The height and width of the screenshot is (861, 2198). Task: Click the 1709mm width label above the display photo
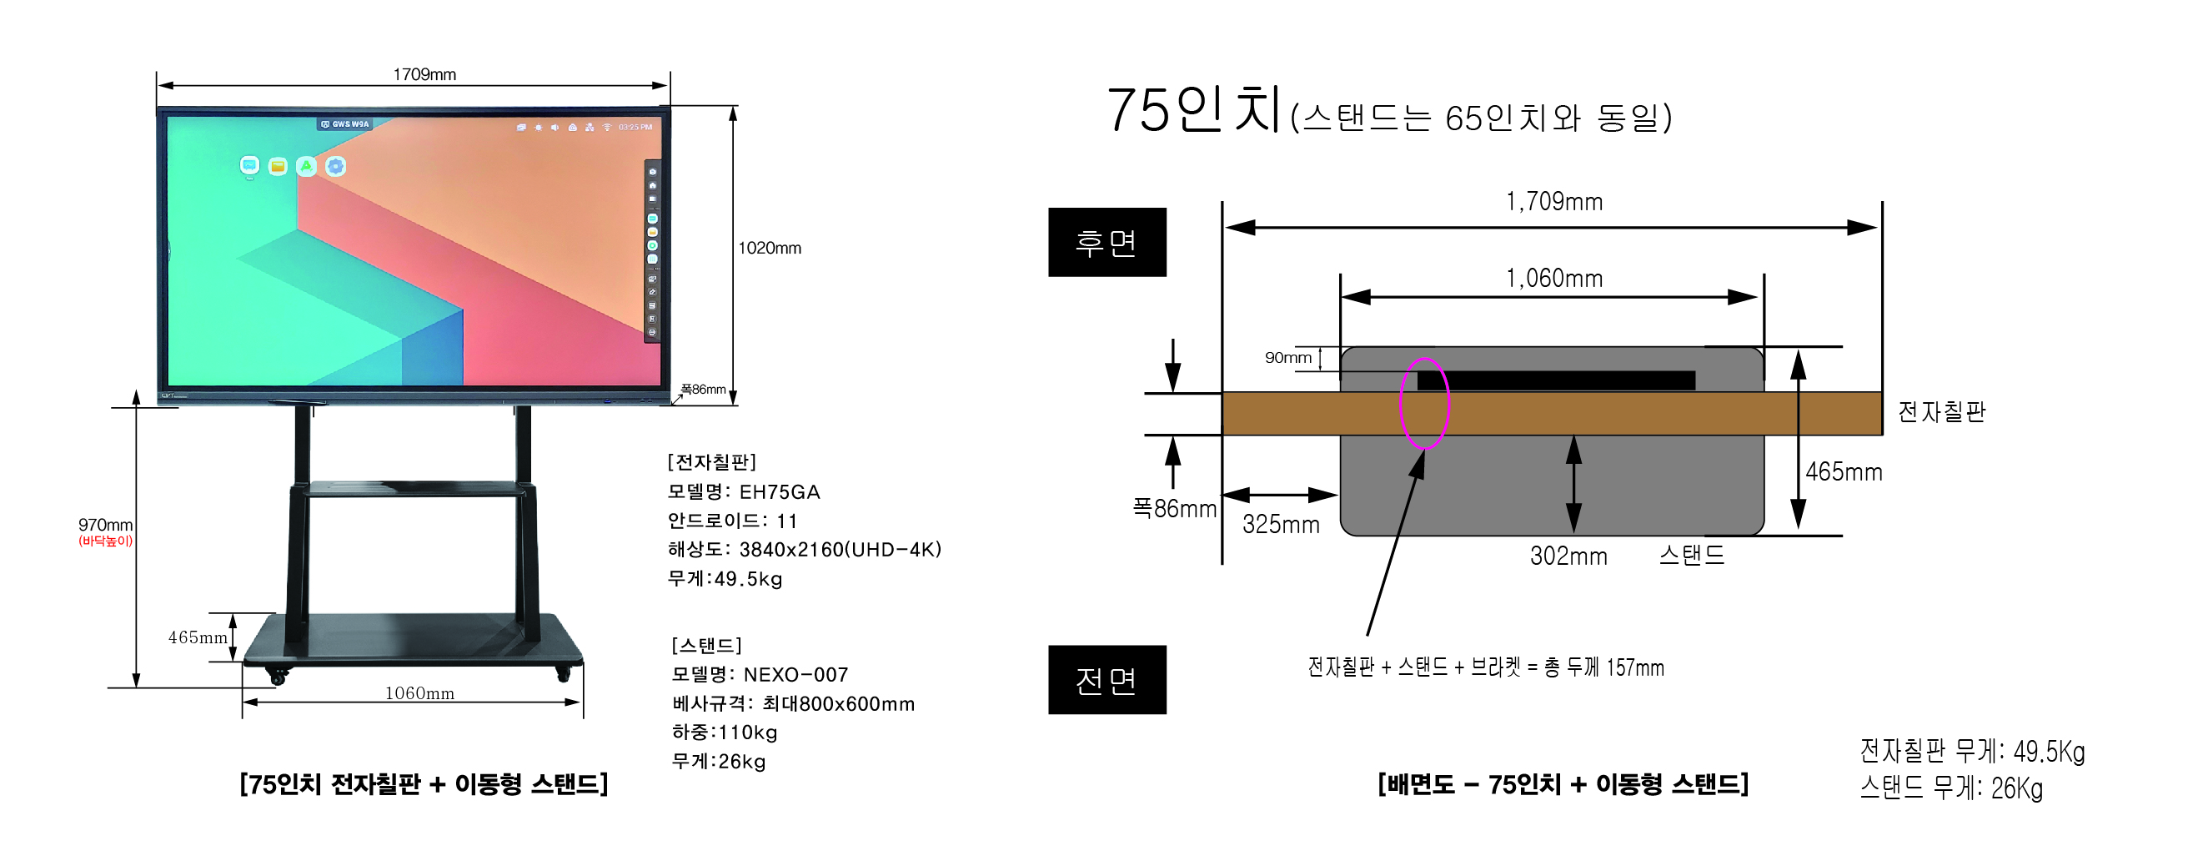pos(424,74)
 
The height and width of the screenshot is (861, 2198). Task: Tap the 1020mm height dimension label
pos(769,249)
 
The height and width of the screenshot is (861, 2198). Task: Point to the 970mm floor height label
pos(105,525)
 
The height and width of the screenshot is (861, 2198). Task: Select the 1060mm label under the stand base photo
pos(419,693)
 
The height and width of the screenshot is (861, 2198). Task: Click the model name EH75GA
pos(779,492)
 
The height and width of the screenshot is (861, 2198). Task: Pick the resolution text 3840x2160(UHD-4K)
pos(840,550)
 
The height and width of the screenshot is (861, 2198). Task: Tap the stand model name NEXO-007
pos(795,675)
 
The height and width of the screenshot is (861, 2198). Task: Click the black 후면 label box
pos(1107,242)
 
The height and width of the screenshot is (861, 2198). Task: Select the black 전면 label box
pos(1107,680)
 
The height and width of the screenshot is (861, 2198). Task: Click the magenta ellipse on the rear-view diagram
pos(1424,404)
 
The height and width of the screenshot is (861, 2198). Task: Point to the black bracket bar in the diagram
pos(1555,380)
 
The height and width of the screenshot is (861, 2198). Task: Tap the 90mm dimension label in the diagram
pos(1287,358)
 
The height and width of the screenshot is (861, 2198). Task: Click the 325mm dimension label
pos(1280,524)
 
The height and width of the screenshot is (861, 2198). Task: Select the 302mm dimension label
pos(1568,556)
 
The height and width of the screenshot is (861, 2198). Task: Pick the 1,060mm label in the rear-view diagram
pos(1553,278)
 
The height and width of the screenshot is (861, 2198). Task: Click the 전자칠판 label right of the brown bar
pos(1941,412)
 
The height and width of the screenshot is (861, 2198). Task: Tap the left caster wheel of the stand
pos(277,677)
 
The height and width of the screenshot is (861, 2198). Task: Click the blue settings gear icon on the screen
pos(335,166)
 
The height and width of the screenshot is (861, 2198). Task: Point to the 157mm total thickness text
pos(1635,667)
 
